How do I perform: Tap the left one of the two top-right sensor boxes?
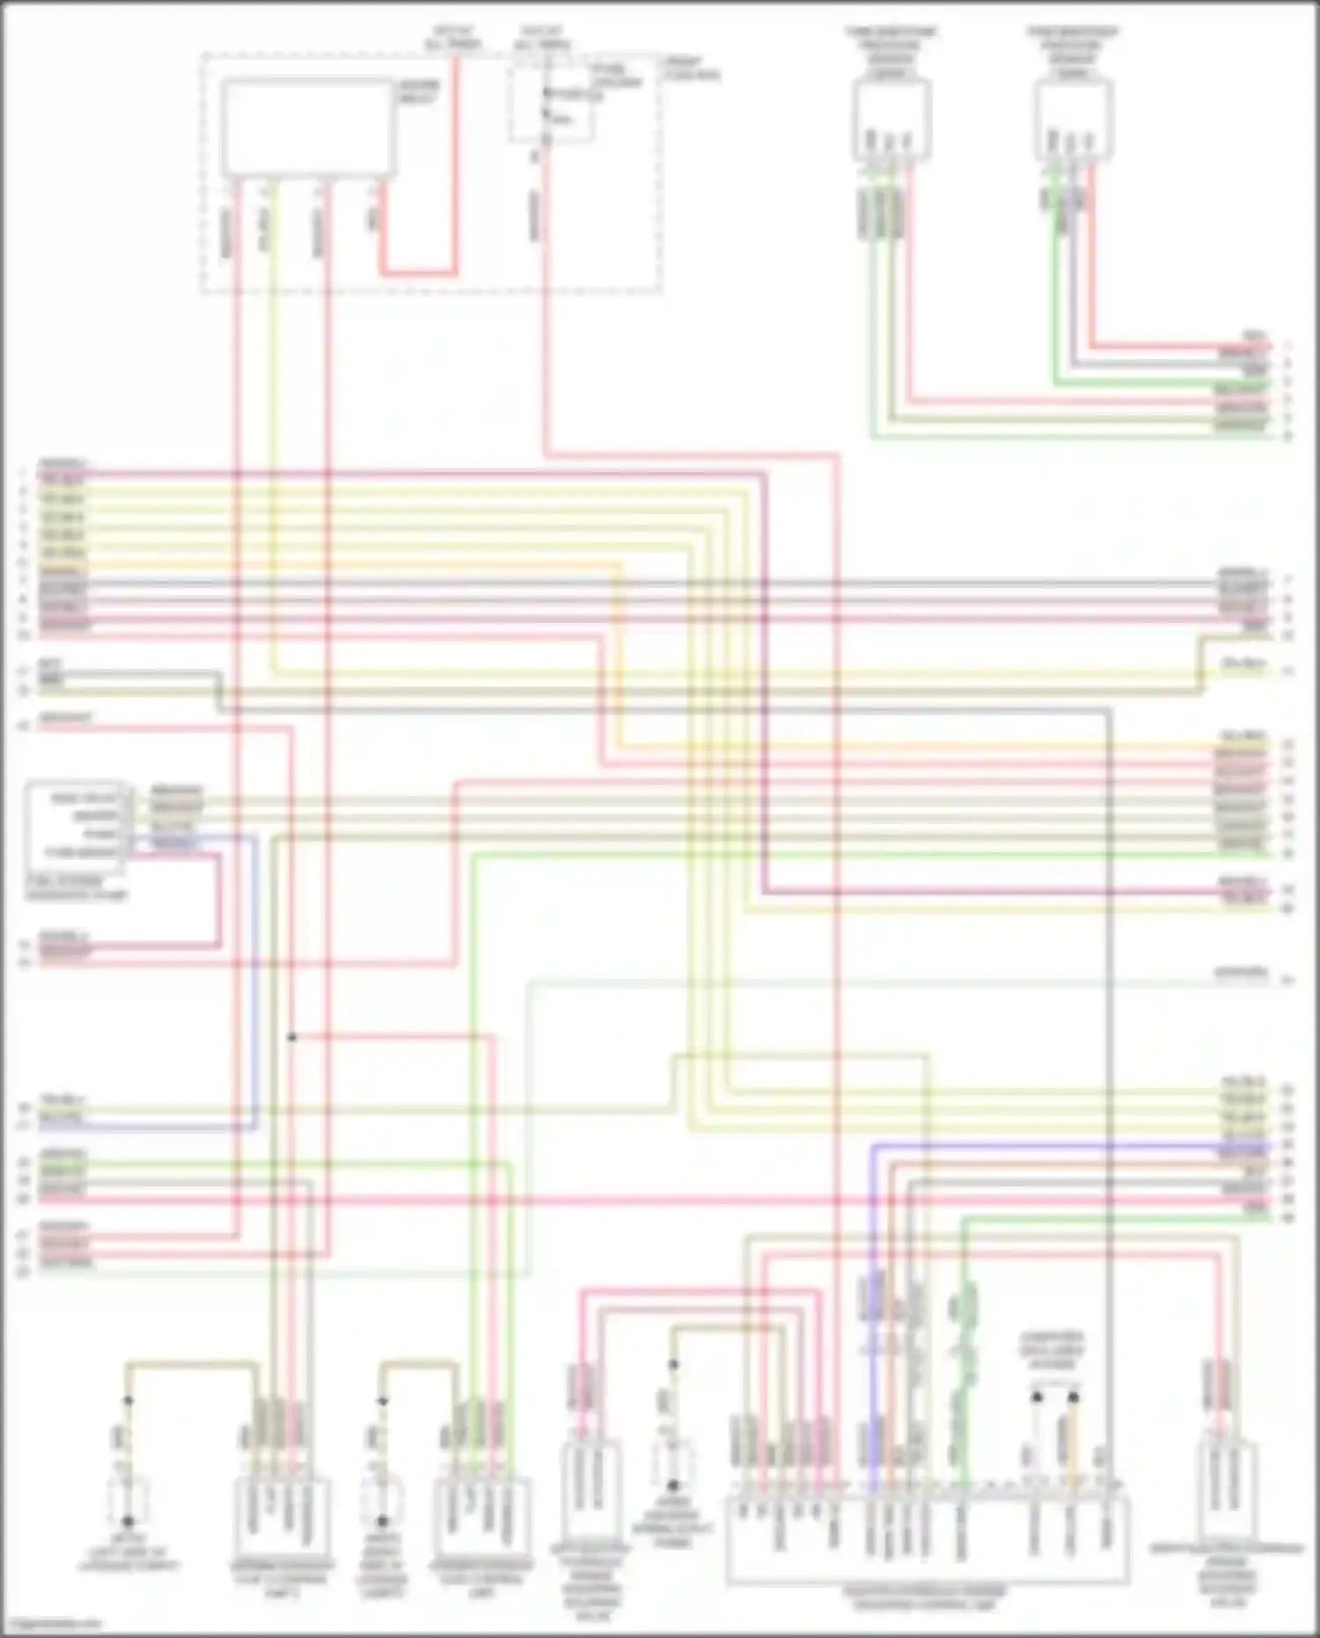pos(891,120)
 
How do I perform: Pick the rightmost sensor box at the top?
pos(1074,120)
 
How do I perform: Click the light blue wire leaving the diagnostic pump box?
pos(255,968)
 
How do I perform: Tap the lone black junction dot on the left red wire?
pos(292,1038)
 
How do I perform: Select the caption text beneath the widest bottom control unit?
pos(924,1598)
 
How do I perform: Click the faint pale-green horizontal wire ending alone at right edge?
pos(880,981)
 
